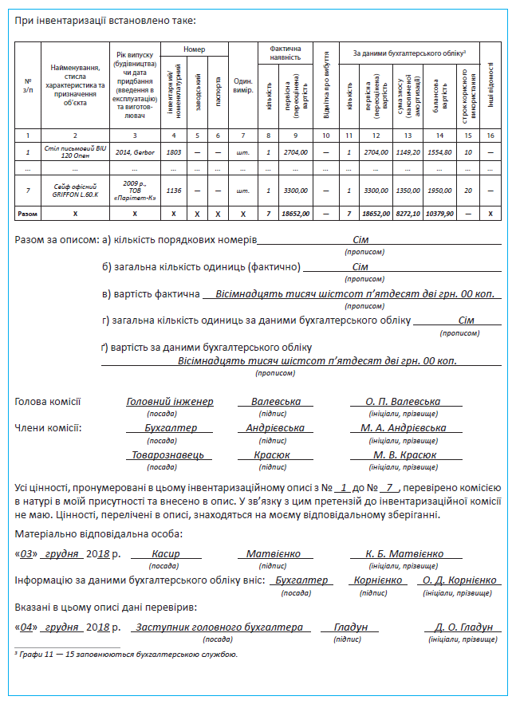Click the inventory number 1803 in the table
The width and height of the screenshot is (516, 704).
click(x=173, y=151)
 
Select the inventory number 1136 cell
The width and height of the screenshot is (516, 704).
click(x=173, y=191)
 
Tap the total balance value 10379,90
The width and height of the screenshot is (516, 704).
click(x=439, y=214)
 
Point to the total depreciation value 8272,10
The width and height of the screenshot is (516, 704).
click(x=408, y=214)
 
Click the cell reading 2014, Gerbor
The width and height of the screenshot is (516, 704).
click(x=133, y=151)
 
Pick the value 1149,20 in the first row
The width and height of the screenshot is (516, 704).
click(x=408, y=151)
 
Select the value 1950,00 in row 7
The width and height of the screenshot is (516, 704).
click(x=439, y=191)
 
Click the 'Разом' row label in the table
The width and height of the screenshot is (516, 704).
click(x=28, y=214)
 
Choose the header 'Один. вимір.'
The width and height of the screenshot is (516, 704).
click(x=243, y=86)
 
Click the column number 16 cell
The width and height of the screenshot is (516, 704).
click(x=490, y=135)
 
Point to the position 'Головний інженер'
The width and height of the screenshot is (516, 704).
click(x=170, y=402)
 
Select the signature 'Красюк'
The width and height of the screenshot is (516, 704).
click(x=272, y=454)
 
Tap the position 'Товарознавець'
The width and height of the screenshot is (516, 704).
click(x=167, y=454)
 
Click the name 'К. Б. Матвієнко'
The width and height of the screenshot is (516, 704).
click(x=404, y=553)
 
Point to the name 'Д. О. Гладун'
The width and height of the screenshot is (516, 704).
click(x=463, y=627)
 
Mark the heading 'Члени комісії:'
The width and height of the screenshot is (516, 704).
click(x=49, y=428)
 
